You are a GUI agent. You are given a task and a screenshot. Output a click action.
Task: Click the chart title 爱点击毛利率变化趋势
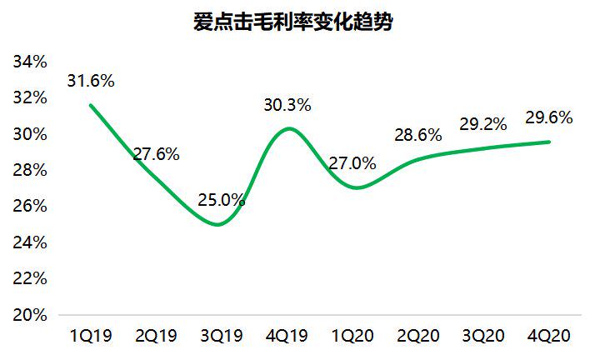292,23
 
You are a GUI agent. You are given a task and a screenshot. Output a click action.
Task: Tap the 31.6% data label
91,82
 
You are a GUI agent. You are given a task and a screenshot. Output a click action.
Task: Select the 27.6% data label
156,154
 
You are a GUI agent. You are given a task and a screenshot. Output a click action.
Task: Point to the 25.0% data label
221,200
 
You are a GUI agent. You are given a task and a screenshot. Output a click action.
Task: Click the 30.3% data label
287,105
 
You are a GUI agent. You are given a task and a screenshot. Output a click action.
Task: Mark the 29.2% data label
482,124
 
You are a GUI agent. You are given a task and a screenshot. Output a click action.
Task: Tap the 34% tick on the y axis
29,62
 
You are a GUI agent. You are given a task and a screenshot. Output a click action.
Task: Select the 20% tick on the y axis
29,316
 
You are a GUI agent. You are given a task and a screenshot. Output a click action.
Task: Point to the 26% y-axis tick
29,207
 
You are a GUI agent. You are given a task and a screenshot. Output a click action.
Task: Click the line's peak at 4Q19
287,128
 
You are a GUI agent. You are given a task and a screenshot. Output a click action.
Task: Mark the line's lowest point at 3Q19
219,224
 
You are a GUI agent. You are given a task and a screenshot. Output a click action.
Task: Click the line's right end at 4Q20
549,142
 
